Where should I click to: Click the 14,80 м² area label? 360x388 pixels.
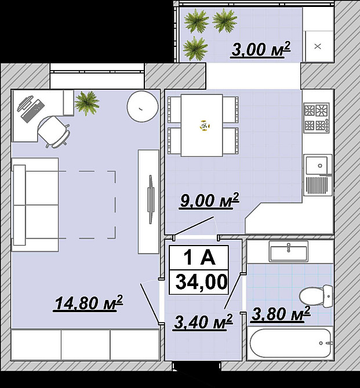pos(88,303)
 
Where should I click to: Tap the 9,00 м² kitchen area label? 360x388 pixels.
pos(209,200)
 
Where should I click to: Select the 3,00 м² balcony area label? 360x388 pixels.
pos(261,49)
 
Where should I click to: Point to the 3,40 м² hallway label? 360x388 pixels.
pos(203,322)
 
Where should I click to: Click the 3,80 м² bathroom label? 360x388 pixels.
pos(281,314)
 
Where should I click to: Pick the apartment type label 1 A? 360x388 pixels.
pos(199,258)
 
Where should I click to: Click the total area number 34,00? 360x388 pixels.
pos(201,282)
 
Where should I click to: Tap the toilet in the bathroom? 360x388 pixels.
pos(316,295)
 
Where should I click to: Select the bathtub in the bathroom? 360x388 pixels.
pos(290,343)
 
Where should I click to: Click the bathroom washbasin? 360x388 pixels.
pos(289,251)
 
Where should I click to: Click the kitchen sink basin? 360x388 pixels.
pos(317,165)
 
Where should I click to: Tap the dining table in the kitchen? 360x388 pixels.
pos(202,125)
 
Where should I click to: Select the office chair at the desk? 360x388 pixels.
pos(54,131)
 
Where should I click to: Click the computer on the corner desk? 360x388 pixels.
pos(31,108)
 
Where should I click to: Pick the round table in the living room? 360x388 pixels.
pos(143,107)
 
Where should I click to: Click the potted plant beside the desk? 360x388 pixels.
pos(87,103)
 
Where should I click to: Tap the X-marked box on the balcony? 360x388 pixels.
pos(318,46)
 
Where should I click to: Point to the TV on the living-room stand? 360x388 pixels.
pos(150,199)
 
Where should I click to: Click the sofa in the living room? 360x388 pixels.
pos(35,204)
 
